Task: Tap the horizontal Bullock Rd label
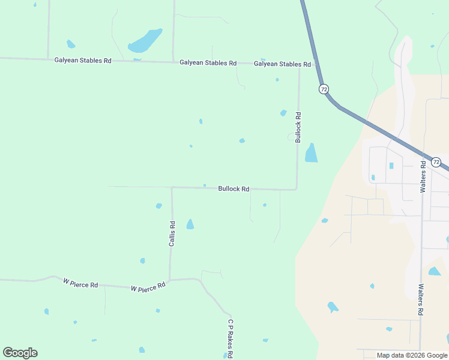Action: (234, 188)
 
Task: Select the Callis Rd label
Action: (172, 234)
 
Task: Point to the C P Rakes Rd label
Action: (230, 338)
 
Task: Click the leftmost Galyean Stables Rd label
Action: (83, 60)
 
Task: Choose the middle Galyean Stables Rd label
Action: (208, 62)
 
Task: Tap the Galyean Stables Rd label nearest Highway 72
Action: (282, 64)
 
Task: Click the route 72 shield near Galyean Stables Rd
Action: (324, 89)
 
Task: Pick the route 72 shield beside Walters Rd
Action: (436, 162)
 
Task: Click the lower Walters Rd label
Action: (421, 300)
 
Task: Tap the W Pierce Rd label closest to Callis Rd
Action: (148, 287)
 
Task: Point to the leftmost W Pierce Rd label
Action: (80, 282)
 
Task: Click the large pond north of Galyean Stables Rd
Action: (145, 41)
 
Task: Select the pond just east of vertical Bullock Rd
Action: (311, 154)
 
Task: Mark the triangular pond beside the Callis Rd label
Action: (190, 224)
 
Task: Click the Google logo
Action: (20, 353)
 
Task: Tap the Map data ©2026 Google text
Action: (411, 355)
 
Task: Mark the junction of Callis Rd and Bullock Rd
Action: (172, 187)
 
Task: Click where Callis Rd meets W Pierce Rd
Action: (170, 280)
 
